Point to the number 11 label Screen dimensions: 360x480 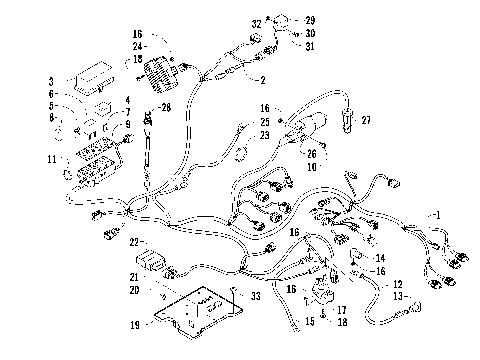pyautogui.click(x=50, y=159)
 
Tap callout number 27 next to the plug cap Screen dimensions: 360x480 pyautogui.click(x=367, y=121)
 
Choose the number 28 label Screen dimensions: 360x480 pyautogui.click(x=167, y=107)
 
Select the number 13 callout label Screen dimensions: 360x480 pyautogui.click(x=398, y=296)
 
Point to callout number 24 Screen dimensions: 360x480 pyautogui.click(x=138, y=46)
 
